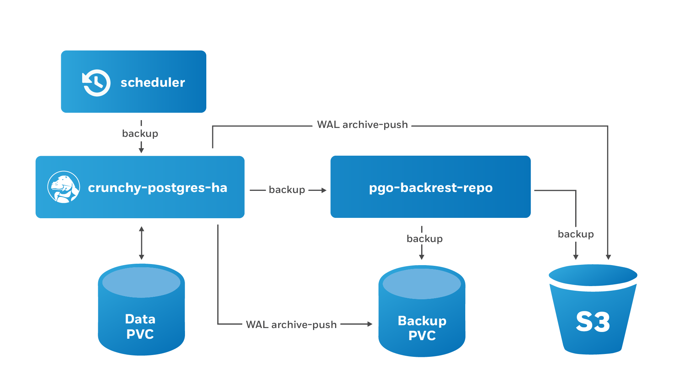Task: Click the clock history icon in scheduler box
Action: pyautogui.click(x=96, y=83)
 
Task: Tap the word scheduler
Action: pyautogui.click(x=153, y=83)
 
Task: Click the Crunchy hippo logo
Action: pyautogui.click(x=64, y=187)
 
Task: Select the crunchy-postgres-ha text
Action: pyautogui.click(x=158, y=188)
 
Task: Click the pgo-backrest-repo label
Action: pyautogui.click(x=431, y=188)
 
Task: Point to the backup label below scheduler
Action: pyautogui.click(x=140, y=134)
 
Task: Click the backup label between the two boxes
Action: pyautogui.click(x=287, y=190)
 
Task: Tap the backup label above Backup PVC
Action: pyautogui.click(x=425, y=238)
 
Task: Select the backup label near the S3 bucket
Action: pyautogui.click(x=576, y=234)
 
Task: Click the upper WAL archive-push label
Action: pyautogui.click(x=362, y=125)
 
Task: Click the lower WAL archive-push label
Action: pyautogui.click(x=291, y=324)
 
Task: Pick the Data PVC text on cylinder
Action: pyautogui.click(x=140, y=327)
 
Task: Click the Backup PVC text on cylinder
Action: pyautogui.click(x=422, y=328)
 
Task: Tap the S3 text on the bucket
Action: pyautogui.click(x=593, y=322)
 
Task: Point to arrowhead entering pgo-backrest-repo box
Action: pyautogui.click(x=324, y=190)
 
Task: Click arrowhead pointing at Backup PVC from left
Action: pyautogui.click(x=370, y=324)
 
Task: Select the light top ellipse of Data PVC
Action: pyautogui.click(x=141, y=282)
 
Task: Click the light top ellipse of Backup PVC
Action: pyautogui.click(x=422, y=284)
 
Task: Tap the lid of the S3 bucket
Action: pyautogui.click(x=593, y=275)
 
